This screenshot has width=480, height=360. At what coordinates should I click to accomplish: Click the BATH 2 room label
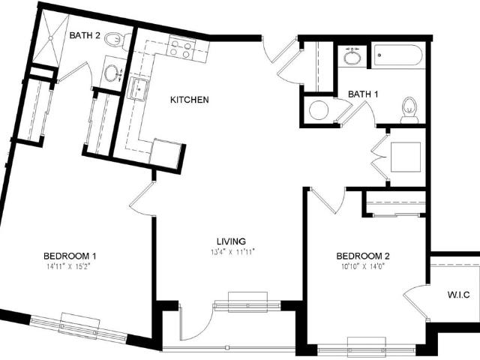(85, 35)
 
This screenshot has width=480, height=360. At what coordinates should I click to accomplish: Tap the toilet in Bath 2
(117, 40)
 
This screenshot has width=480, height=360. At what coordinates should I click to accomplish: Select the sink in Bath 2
(112, 73)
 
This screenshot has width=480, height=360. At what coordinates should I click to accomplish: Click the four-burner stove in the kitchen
(181, 46)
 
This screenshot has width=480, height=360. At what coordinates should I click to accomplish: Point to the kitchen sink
(139, 88)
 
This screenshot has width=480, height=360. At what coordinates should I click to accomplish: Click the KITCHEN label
(190, 100)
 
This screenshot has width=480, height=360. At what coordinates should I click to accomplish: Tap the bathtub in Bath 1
(398, 55)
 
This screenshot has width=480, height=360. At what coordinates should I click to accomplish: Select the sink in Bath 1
(352, 57)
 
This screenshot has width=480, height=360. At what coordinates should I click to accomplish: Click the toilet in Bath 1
(409, 110)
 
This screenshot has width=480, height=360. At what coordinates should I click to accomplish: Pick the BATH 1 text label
(363, 94)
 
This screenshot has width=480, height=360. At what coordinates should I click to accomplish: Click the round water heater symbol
(318, 110)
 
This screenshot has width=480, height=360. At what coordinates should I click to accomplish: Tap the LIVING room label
(231, 241)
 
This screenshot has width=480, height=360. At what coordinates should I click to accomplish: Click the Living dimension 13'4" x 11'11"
(232, 252)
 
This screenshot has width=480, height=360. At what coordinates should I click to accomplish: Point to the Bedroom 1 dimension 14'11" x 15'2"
(69, 266)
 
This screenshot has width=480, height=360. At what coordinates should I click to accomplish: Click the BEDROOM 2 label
(363, 256)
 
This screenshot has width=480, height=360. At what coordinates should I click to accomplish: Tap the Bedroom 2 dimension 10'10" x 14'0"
(363, 266)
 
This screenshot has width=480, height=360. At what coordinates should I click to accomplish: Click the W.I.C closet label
(458, 295)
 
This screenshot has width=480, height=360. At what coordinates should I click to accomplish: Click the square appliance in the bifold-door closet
(406, 157)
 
